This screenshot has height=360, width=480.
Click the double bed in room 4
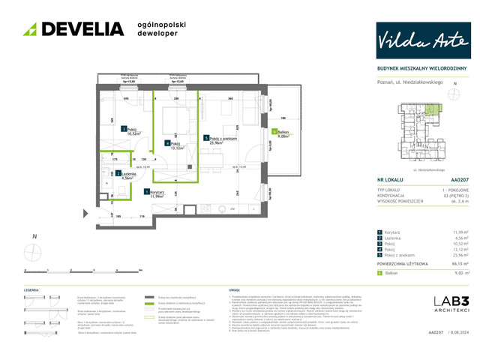[x=174, y=120]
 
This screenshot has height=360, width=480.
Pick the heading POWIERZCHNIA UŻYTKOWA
[x=405, y=264]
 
